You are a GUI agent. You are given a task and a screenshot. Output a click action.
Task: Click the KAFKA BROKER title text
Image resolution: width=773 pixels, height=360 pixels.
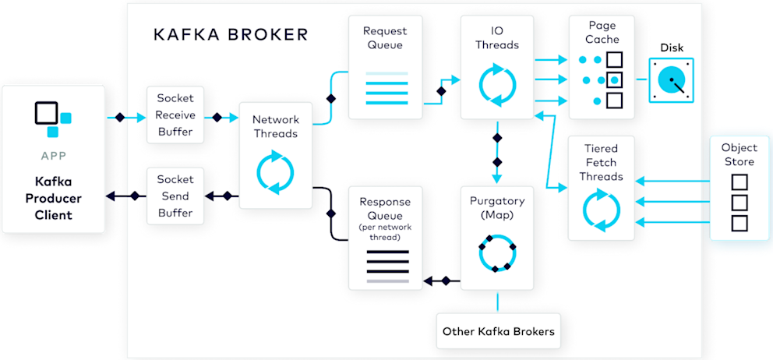tap(231, 34)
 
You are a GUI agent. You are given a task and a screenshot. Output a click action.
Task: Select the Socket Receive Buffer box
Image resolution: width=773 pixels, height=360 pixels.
tap(175, 115)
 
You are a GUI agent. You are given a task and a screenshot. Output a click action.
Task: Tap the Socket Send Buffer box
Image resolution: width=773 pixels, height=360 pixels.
tap(175, 196)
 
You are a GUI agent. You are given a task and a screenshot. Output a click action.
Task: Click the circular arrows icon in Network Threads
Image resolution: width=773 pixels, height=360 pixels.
tap(275, 174)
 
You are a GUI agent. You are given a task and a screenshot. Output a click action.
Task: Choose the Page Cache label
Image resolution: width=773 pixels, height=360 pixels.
tap(602, 32)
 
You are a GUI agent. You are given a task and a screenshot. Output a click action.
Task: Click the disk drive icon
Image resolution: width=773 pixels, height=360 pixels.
tap(672, 80)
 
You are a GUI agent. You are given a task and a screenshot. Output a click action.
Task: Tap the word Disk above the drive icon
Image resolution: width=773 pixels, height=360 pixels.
tap(672, 48)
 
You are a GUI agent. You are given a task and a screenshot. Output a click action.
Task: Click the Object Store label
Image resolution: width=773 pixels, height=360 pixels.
tap(739, 154)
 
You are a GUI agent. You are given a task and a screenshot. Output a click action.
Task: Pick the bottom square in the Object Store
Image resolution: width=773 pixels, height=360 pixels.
tap(739, 223)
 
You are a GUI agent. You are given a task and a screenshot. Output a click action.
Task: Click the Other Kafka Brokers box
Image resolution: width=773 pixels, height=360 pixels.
tap(498, 331)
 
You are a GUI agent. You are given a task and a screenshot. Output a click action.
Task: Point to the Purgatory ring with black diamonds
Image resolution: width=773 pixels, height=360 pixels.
tap(498, 252)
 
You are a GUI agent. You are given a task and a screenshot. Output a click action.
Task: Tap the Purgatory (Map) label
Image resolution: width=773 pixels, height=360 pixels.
tap(498, 207)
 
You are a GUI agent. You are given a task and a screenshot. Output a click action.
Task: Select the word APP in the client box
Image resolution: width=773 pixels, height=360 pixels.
tap(53, 156)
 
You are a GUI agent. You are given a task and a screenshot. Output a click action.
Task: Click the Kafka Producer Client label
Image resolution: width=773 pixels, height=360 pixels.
tap(53, 198)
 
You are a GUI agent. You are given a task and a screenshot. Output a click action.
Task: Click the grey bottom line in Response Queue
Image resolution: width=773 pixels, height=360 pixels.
tap(387, 281)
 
